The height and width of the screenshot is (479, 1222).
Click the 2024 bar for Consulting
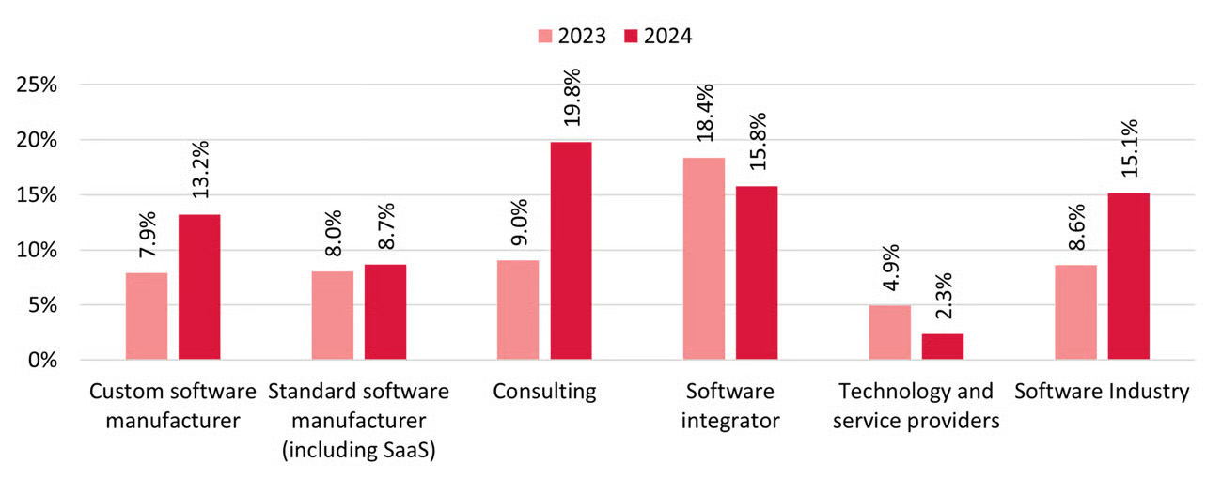coord(571,251)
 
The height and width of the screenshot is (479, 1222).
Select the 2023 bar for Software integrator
coord(704,258)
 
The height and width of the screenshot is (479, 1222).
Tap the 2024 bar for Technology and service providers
coord(943,347)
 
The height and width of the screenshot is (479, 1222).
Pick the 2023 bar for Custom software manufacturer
coord(147,316)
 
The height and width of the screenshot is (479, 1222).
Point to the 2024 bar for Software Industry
coord(1128,276)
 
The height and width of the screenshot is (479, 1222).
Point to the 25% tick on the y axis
coord(39,85)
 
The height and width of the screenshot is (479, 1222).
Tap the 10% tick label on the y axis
coord(39,250)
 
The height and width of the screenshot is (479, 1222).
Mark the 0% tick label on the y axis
coord(43,360)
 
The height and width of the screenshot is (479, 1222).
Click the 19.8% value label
coord(572,97)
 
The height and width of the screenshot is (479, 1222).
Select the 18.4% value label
coord(705,113)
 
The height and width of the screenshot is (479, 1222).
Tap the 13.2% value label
coord(200,170)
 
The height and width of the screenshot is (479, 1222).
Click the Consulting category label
coord(544,392)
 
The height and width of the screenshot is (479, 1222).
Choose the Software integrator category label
coord(730,406)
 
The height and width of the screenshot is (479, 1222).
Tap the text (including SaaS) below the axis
coord(359,450)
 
